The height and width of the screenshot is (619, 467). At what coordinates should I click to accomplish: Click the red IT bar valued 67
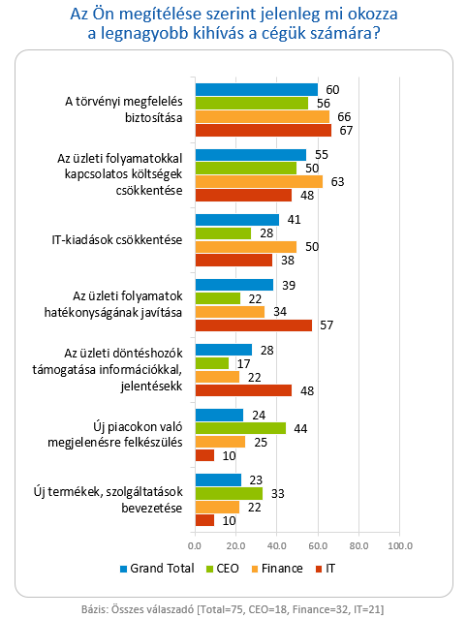(x=264, y=130)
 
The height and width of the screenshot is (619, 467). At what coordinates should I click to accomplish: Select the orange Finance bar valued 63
(x=259, y=181)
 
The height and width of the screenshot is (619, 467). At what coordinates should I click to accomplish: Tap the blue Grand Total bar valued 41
(x=237, y=220)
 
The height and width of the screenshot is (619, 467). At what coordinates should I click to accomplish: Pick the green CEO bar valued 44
(x=241, y=428)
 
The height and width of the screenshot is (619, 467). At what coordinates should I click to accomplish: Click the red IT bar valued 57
(x=254, y=325)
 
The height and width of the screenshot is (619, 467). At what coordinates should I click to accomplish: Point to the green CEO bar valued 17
(x=212, y=363)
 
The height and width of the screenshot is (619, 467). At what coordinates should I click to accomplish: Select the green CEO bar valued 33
(x=229, y=493)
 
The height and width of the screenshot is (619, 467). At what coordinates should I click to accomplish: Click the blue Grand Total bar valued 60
(x=257, y=90)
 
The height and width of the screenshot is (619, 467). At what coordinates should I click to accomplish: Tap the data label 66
(x=344, y=117)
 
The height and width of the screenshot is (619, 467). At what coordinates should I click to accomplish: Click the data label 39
(x=289, y=286)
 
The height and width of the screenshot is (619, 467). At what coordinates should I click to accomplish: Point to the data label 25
(x=261, y=442)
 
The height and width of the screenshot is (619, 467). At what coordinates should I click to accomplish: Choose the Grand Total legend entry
(x=157, y=569)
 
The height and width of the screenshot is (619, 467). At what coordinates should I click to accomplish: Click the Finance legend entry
(x=277, y=569)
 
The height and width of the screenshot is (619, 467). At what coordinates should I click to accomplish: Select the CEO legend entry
(x=223, y=569)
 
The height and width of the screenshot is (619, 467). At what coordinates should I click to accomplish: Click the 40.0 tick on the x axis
(x=277, y=546)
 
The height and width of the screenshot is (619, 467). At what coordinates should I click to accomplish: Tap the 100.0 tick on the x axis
(x=400, y=546)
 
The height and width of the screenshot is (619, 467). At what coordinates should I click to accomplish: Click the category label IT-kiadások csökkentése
(x=117, y=239)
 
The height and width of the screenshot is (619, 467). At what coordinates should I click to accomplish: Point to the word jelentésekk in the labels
(x=151, y=387)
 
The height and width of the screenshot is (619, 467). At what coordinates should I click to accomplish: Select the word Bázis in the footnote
(x=94, y=609)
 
